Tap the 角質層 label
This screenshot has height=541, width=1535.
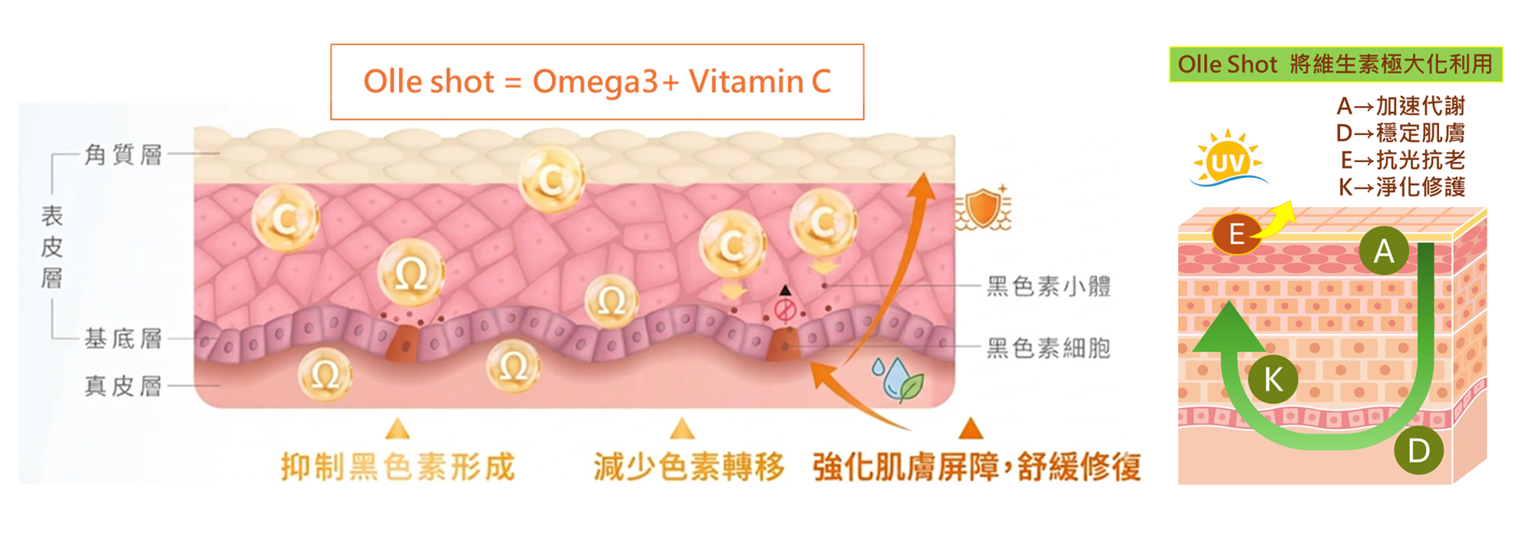[x=124, y=154]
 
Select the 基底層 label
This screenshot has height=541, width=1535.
[x=124, y=338]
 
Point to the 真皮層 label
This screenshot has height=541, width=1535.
[x=124, y=385]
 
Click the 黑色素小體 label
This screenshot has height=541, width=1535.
[x=1048, y=286]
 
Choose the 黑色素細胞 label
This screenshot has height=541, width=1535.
[x=1048, y=348]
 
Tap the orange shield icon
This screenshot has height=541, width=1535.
[x=983, y=208]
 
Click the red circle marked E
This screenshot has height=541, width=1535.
[x=1236, y=234]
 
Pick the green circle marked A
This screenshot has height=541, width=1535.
[x=1383, y=251]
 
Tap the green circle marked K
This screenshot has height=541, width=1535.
[x=1273, y=379]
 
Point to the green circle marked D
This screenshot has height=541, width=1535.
[x=1418, y=450]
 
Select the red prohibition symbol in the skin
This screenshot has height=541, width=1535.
[x=784, y=310]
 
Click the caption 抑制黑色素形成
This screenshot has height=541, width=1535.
[x=398, y=467]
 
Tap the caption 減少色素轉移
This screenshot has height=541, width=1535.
[x=688, y=467]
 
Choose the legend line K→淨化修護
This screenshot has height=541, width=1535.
[x=1401, y=186]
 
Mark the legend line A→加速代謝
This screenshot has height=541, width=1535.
[x=1401, y=106]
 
